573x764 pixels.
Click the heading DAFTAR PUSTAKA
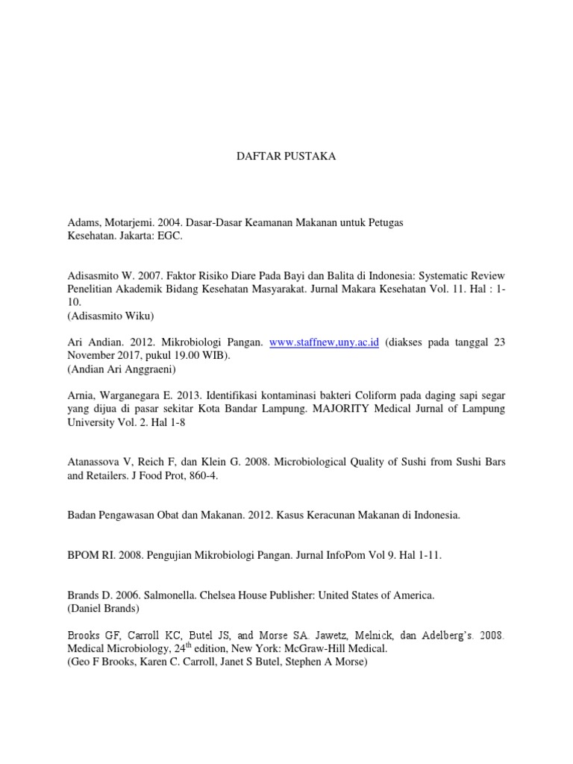[x=286, y=157]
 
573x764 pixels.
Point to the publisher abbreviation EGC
[x=169, y=236]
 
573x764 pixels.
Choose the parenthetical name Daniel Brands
[x=109, y=609]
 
